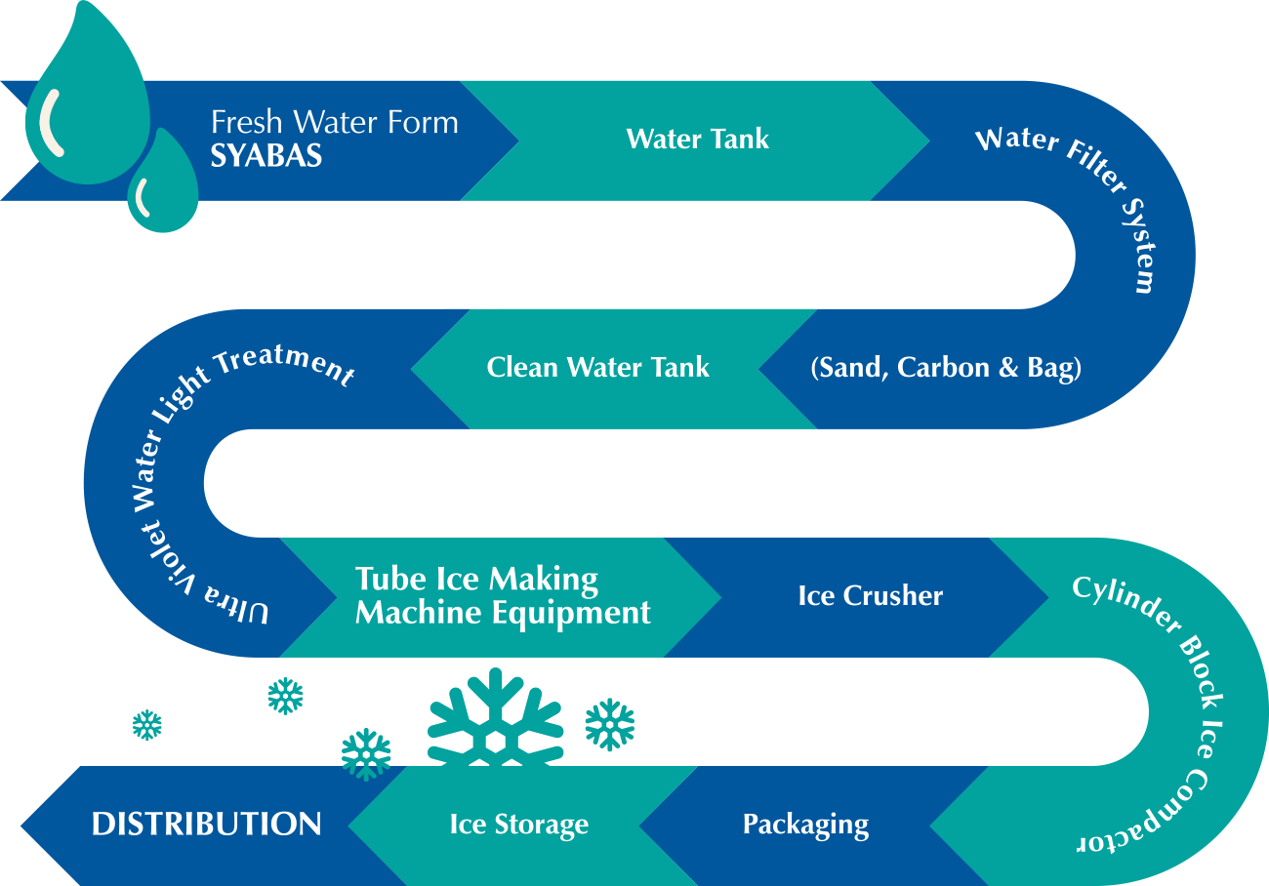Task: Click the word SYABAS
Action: coord(266,156)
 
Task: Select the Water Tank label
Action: coord(697,139)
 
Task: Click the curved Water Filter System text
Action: coord(1084,195)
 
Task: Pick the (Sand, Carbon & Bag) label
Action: coord(946,368)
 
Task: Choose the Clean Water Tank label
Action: coord(597,368)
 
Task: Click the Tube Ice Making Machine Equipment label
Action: coord(502,595)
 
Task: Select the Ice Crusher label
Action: coord(870,595)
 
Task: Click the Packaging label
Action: coord(805,825)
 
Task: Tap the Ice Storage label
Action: coord(518,825)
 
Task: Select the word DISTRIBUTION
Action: coord(206,825)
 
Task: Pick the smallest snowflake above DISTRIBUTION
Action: coord(146,725)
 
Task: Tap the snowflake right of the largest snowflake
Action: coord(609,724)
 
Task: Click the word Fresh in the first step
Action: coord(246,123)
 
